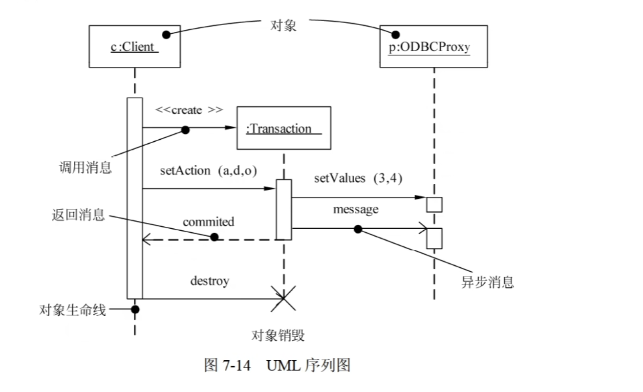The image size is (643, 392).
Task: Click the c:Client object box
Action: [x=134, y=46]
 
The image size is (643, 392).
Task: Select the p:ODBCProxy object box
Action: [x=433, y=46]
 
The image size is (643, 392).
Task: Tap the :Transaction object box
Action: [x=283, y=128]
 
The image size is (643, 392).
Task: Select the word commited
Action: [x=209, y=222]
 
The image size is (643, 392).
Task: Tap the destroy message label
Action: [x=209, y=281]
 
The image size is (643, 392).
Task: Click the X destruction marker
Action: [x=283, y=299]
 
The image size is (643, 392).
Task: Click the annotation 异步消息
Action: [x=487, y=282]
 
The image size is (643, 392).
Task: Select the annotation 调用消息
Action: [x=85, y=168]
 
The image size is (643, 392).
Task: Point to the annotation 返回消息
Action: [x=78, y=215]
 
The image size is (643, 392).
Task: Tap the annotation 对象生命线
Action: [x=72, y=310]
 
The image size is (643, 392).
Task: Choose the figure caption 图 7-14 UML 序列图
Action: [x=277, y=366]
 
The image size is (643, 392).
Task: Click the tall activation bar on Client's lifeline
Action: [x=135, y=198]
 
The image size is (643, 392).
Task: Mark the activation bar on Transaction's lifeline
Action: [x=283, y=209]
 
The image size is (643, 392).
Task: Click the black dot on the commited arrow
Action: [x=214, y=237]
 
